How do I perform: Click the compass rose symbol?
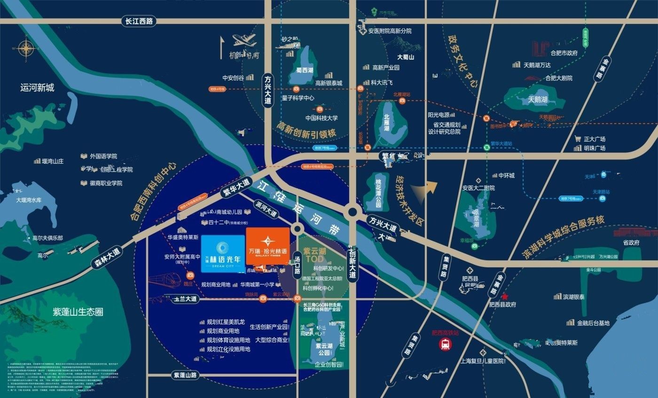click(x=26, y=48)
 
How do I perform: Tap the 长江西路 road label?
click(x=138, y=21)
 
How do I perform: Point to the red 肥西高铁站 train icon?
click(x=444, y=345)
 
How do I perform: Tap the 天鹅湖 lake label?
click(x=538, y=100)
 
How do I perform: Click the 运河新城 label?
click(x=38, y=87)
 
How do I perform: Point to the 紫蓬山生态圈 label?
click(x=78, y=312)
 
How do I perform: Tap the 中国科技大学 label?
click(x=321, y=118)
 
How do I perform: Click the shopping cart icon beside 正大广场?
click(x=578, y=139)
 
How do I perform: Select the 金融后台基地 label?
click(x=593, y=323)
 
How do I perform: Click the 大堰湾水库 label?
click(x=36, y=200)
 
